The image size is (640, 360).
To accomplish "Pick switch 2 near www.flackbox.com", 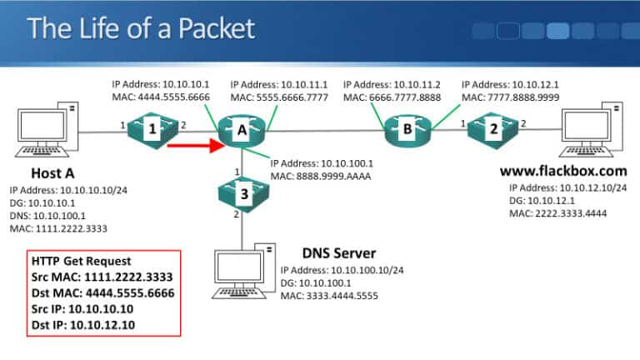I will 492,129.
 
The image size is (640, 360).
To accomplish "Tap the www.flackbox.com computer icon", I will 593,130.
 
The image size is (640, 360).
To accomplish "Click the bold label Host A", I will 53,173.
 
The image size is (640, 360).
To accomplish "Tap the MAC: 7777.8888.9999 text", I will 511,97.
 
